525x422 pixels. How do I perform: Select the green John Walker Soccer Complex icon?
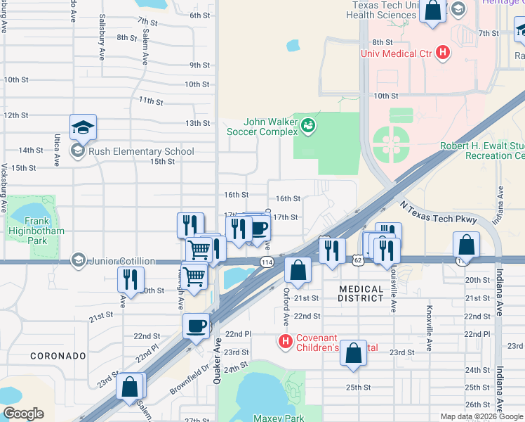point(307,127)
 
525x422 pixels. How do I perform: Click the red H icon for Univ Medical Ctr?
point(442,52)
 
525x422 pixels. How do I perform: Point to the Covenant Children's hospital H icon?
point(285,342)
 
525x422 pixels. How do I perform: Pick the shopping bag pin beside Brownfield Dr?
point(130,387)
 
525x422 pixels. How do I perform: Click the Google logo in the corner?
point(23,414)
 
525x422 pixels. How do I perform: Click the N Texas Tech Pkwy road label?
point(439,212)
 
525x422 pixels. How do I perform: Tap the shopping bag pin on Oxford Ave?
point(298,271)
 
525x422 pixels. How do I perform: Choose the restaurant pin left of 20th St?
point(131,281)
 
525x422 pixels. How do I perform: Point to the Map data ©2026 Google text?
point(481,416)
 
